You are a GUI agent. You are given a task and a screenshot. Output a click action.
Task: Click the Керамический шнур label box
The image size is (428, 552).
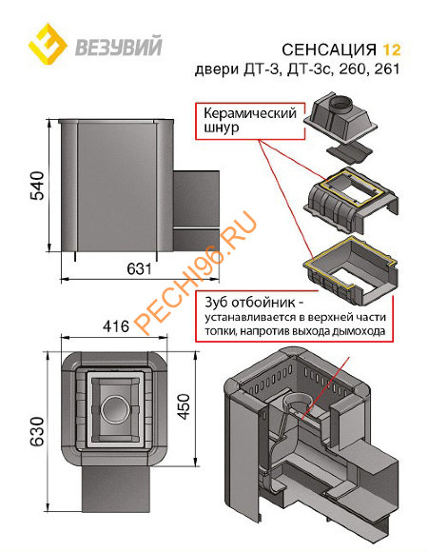(x=242, y=117)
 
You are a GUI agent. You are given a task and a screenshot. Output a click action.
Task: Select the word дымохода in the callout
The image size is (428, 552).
(x=360, y=333)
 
